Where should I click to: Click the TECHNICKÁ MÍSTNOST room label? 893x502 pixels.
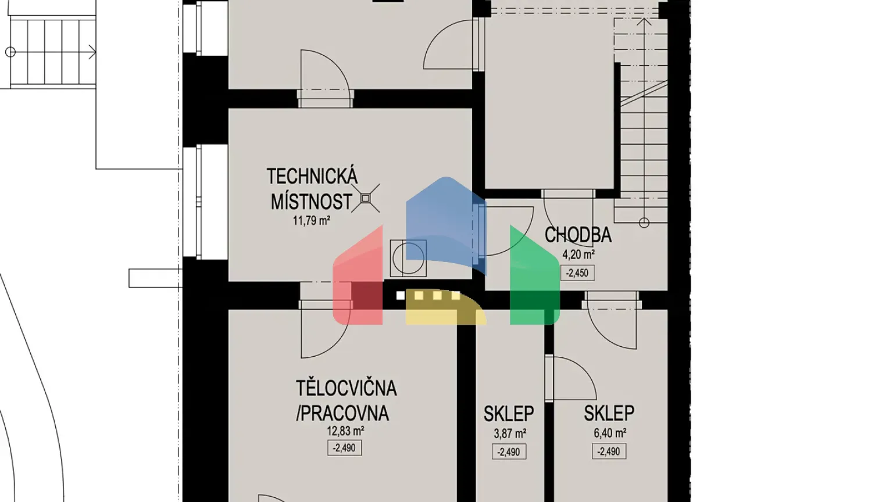[312, 189]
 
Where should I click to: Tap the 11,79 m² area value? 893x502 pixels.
[312, 221]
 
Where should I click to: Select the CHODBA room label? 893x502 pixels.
[578, 235]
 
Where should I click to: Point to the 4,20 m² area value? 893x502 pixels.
[578, 254]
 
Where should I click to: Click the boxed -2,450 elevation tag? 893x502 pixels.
[577, 272]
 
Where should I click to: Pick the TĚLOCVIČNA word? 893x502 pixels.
[346, 388]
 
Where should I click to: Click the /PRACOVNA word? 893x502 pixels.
[342, 413]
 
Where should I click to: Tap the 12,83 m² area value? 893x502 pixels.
[345, 431]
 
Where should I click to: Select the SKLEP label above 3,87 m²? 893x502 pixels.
[509, 414]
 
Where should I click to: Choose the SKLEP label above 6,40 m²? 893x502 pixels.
[609, 413]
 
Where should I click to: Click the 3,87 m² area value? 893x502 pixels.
[510, 433]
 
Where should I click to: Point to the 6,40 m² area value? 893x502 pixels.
[609, 433]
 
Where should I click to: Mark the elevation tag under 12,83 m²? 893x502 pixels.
[344, 448]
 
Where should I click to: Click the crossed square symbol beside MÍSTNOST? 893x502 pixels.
[366, 198]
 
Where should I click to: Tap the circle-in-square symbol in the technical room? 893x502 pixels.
[408, 258]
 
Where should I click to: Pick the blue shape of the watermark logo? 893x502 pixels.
[445, 221]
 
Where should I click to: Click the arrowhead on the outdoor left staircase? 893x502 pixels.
[92, 52]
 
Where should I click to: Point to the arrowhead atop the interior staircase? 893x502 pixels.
[644, 22]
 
